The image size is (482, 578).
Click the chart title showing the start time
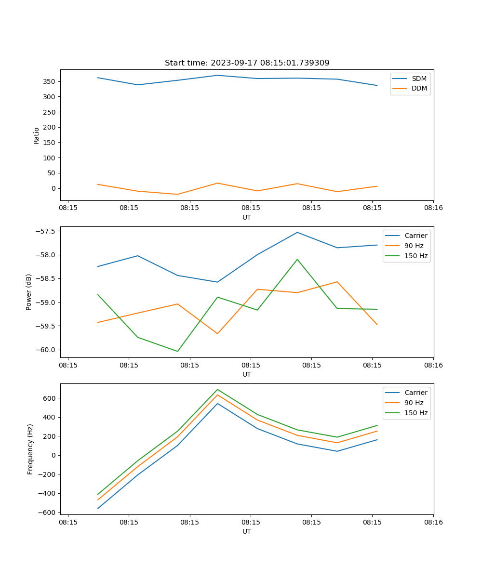click(247, 63)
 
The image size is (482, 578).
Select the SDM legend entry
click(419, 79)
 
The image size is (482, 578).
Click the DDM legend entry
click(419, 88)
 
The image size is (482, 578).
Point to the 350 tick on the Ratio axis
click(50, 81)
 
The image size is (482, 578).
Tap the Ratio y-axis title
click(37, 135)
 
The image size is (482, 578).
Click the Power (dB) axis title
click(29, 292)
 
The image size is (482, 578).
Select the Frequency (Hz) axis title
click(30, 449)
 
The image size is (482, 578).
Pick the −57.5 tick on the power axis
click(45, 231)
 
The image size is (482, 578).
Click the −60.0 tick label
click(45, 350)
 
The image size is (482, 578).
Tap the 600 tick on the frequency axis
click(50, 398)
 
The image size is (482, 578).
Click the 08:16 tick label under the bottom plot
click(433, 522)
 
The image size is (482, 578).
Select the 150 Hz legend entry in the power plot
click(416, 256)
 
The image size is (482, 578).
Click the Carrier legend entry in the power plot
click(415, 236)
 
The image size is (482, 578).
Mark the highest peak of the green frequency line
click(217, 389)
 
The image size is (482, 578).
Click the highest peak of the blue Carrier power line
click(297, 233)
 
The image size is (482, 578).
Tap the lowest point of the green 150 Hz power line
click(177, 351)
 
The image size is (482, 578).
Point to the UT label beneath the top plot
click(247, 217)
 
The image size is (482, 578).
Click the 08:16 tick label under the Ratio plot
click(433, 208)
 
